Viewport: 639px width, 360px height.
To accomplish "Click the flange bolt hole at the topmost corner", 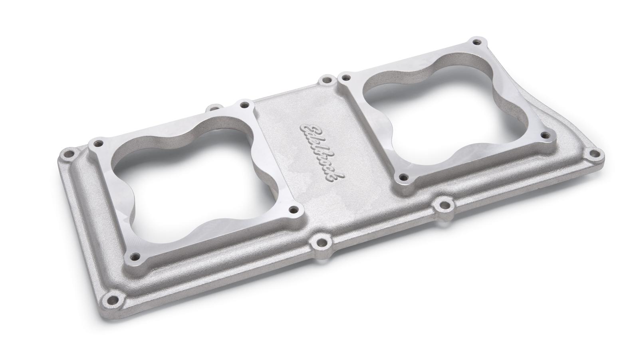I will (475, 42).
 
